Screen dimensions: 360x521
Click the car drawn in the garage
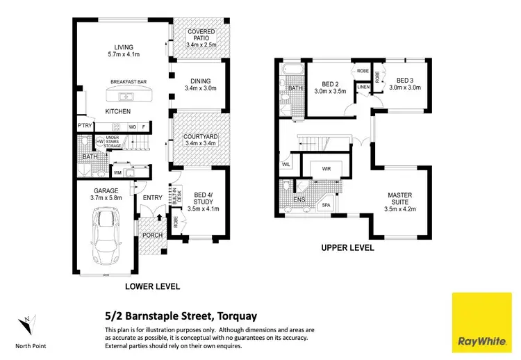point(105,236)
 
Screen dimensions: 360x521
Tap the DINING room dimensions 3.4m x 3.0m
point(200,88)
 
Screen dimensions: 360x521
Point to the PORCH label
point(152,235)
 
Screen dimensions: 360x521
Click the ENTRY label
point(152,198)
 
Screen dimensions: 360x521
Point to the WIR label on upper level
point(325,168)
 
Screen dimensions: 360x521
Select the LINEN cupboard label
point(363,88)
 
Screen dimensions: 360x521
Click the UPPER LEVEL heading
point(348,247)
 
